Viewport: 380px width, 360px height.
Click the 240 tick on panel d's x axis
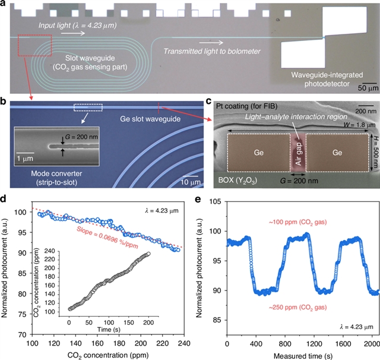[183, 343]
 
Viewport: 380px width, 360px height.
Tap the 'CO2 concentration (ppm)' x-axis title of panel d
[107, 354]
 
